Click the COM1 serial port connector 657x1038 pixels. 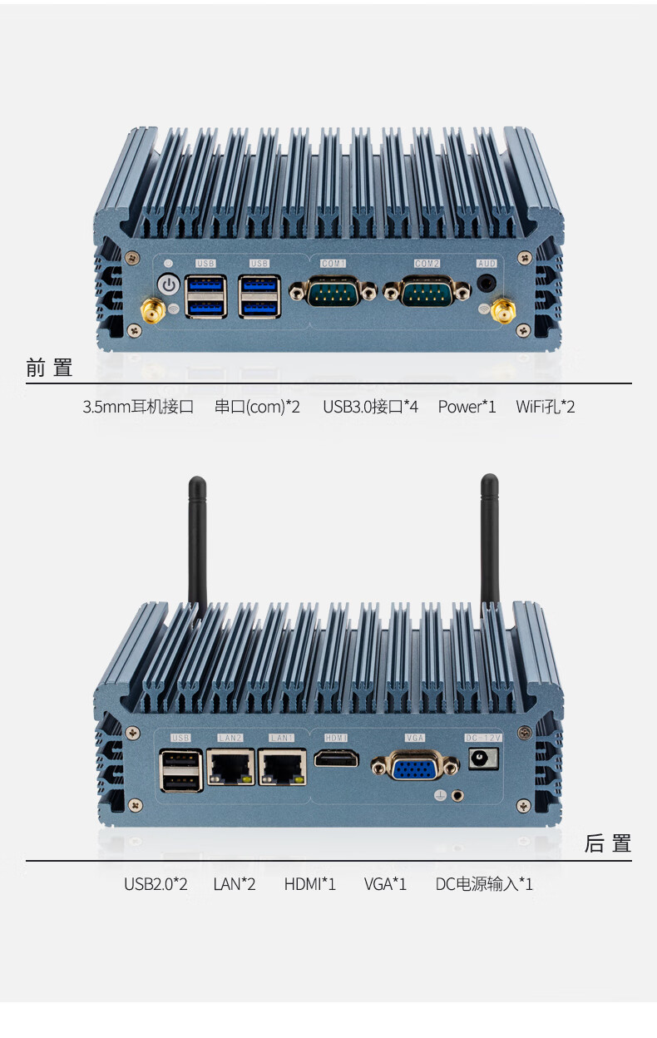(x=333, y=293)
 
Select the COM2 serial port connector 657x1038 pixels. (x=427, y=293)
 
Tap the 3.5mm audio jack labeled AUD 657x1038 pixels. (x=487, y=283)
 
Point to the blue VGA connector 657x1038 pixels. (x=414, y=766)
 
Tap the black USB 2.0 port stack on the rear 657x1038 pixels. (x=181, y=770)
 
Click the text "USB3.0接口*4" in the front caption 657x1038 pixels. (x=370, y=407)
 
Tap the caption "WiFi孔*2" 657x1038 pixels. (x=545, y=407)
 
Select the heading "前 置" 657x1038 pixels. (x=49, y=368)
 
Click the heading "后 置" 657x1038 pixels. (x=608, y=843)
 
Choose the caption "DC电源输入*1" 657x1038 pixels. (x=484, y=883)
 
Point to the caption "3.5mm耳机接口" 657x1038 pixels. (x=138, y=407)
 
